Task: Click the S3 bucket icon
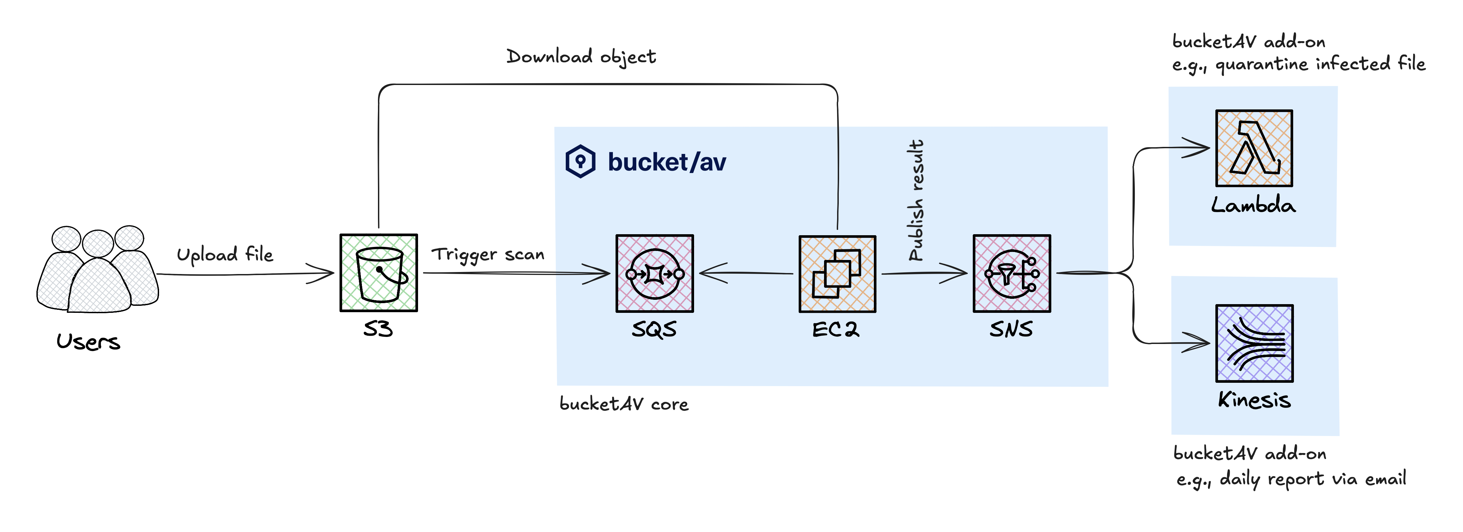click(x=379, y=273)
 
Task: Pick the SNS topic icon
click(x=1012, y=273)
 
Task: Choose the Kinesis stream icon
click(x=1254, y=343)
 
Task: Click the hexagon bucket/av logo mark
click(x=580, y=161)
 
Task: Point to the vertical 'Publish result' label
click(x=916, y=200)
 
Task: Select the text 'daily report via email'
click(x=1312, y=478)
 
